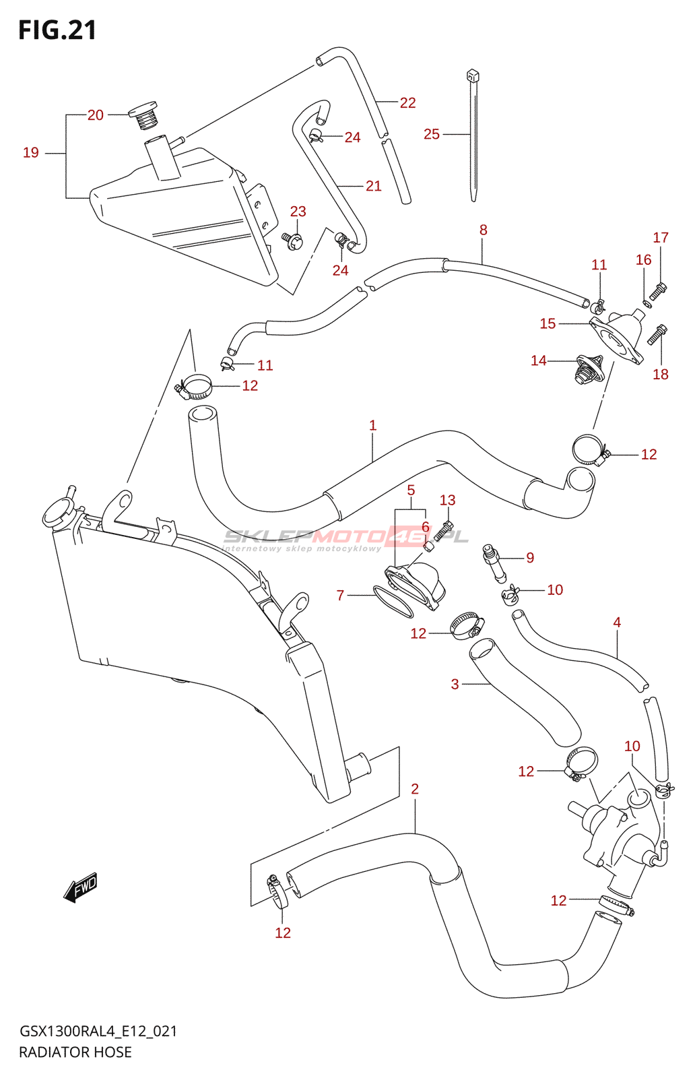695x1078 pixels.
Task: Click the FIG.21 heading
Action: pyautogui.click(x=57, y=30)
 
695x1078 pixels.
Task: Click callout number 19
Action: pyautogui.click(x=31, y=153)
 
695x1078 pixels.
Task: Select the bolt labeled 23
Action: pyautogui.click(x=293, y=239)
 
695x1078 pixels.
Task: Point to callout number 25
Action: pyautogui.click(x=432, y=134)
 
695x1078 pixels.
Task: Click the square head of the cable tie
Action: pyautogui.click(x=472, y=75)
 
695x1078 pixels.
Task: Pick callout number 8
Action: pyautogui.click(x=483, y=230)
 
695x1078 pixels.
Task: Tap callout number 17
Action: pyautogui.click(x=661, y=238)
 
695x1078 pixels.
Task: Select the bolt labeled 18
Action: pyautogui.click(x=658, y=335)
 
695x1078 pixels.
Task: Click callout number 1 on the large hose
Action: pyautogui.click(x=372, y=426)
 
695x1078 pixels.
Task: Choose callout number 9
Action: pyautogui.click(x=530, y=558)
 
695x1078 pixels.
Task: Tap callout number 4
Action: pyautogui.click(x=617, y=623)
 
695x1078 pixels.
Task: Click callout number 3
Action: pyautogui.click(x=455, y=685)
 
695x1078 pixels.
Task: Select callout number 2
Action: pyautogui.click(x=415, y=789)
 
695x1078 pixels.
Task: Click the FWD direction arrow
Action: pyautogui.click(x=81, y=888)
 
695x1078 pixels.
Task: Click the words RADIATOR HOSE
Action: pyautogui.click(x=75, y=1052)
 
